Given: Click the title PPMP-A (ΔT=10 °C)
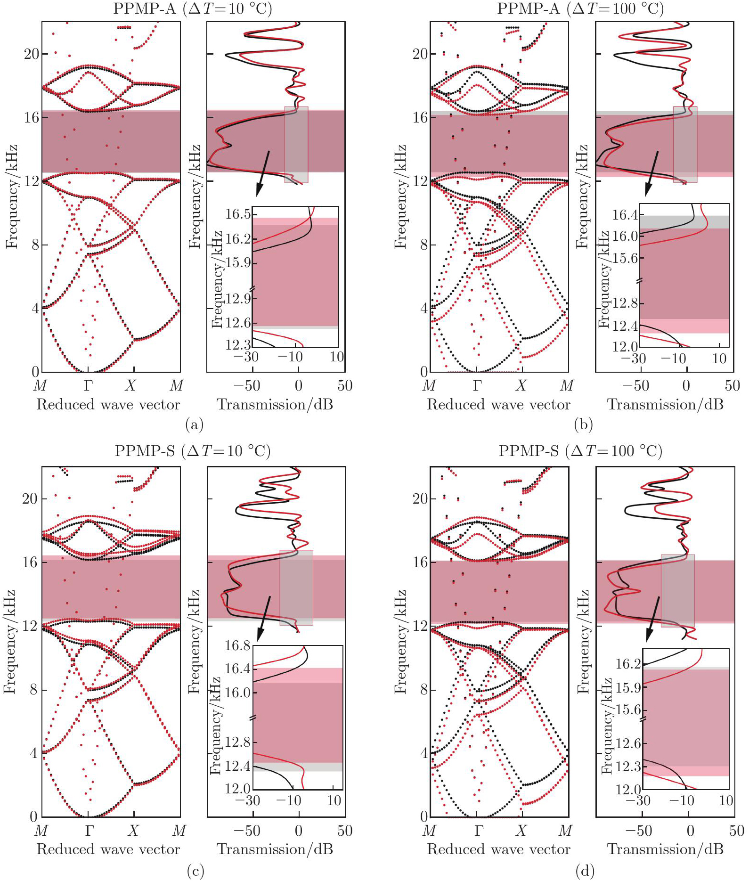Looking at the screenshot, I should point(192,8).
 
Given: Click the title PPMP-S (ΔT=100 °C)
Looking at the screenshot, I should point(580,451).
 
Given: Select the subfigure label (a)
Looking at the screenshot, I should point(195,424).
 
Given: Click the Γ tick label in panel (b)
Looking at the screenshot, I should point(477,386).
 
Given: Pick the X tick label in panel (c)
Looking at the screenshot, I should point(133,830).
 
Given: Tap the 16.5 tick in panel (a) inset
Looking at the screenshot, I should point(237,214).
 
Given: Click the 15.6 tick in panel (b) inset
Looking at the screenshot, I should point(625,258).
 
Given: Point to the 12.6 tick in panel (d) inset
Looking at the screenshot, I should point(628,743).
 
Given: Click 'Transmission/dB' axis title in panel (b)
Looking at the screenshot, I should point(665,404).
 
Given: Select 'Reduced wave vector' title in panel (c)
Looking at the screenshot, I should point(108,849).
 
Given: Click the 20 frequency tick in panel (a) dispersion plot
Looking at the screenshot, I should point(32,54).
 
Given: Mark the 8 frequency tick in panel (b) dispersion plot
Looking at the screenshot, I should point(423,245).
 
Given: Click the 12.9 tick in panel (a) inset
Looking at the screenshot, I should point(237,299).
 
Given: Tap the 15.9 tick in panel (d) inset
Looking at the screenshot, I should point(628,687).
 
